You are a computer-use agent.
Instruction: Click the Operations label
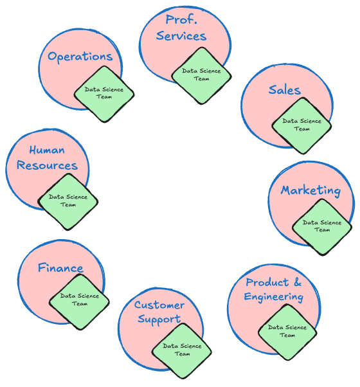pyautogui.click(x=80, y=57)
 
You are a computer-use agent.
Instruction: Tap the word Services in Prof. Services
pyautogui.click(x=181, y=36)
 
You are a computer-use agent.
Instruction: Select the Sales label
pyautogui.click(x=285, y=90)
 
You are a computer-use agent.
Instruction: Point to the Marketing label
pyautogui.click(x=311, y=191)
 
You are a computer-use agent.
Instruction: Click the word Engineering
pyautogui.click(x=274, y=296)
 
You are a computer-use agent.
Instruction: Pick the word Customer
pyautogui.click(x=159, y=305)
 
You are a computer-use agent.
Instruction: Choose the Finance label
pyautogui.click(x=60, y=268)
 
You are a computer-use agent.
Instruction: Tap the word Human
pyautogui.click(x=47, y=150)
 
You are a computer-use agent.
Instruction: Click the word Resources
pyautogui.click(x=47, y=165)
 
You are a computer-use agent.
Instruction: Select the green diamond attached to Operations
pyautogui.click(x=104, y=94)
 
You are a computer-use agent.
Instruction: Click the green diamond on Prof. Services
pyautogui.click(x=201, y=76)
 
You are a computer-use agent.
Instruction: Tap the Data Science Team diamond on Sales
pyautogui.click(x=301, y=126)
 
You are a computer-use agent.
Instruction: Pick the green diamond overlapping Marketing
pyautogui.click(x=322, y=227)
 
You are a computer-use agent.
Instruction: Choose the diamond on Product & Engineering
pyautogui.click(x=287, y=332)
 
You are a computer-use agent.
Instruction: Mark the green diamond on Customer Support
pyautogui.click(x=182, y=351)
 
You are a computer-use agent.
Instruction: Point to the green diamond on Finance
pyautogui.click(x=79, y=302)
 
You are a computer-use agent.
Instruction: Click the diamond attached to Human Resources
pyautogui.click(x=68, y=202)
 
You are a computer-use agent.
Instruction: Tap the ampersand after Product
pyautogui.click(x=298, y=282)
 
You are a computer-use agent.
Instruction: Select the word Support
pyautogui.click(x=159, y=319)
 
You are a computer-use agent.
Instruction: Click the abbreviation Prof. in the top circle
pyautogui.click(x=181, y=19)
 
